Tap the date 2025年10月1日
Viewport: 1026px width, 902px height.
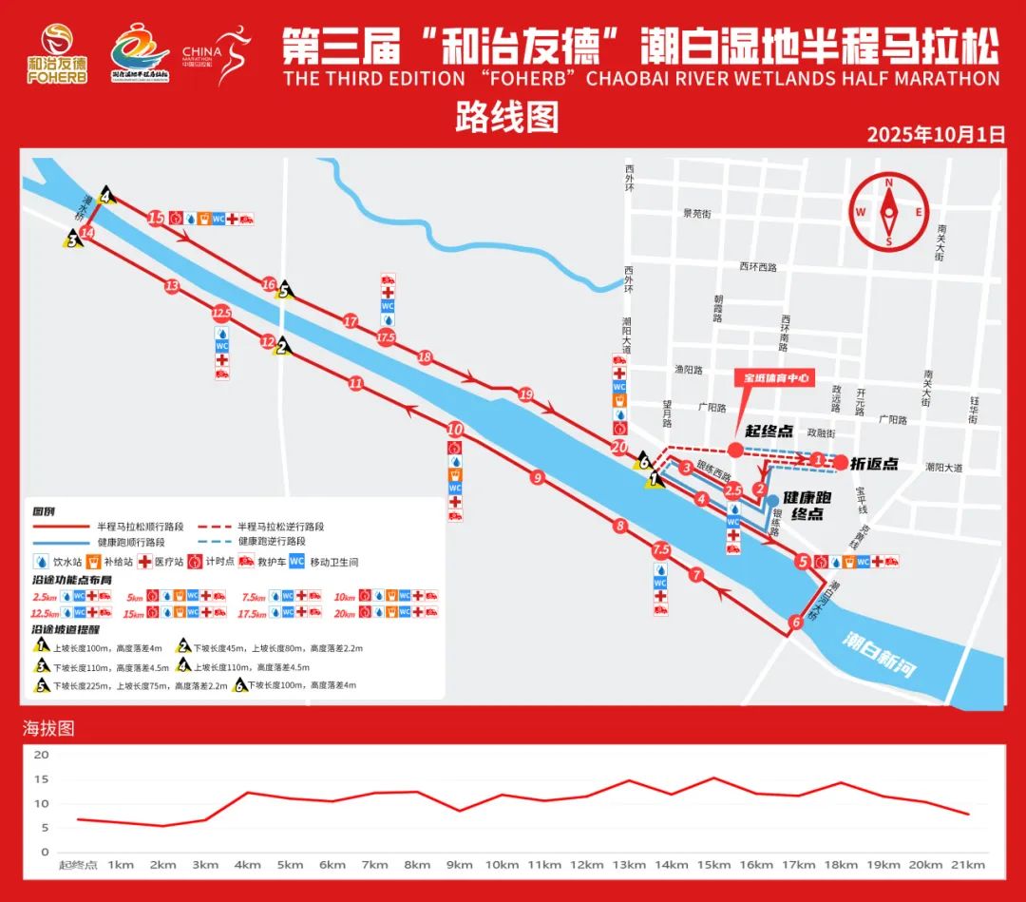pos(936,134)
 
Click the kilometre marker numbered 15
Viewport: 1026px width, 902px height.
pos(157,219)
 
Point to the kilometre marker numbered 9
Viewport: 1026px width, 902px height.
pos(538,478)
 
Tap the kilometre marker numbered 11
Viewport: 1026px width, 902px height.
pos(356,384)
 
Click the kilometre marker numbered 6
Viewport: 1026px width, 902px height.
pos(795,624)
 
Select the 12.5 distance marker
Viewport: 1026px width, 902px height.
pos(222,312)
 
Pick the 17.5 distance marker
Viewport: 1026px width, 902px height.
pos(387,337)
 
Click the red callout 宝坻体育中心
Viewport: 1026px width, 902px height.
pos(776,377)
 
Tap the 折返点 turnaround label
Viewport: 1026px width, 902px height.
pos(874,465)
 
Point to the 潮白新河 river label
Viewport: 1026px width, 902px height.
pos(880,656)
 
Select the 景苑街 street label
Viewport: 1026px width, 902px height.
pos(696,215)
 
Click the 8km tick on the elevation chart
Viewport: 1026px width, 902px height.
pos(417,865)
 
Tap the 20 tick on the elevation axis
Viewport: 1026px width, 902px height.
pos(40,755)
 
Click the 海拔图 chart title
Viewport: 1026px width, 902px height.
pos(48,729)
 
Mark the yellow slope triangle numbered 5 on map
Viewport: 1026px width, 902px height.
pos(282,291)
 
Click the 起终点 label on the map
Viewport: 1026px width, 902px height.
pos(769,432)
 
